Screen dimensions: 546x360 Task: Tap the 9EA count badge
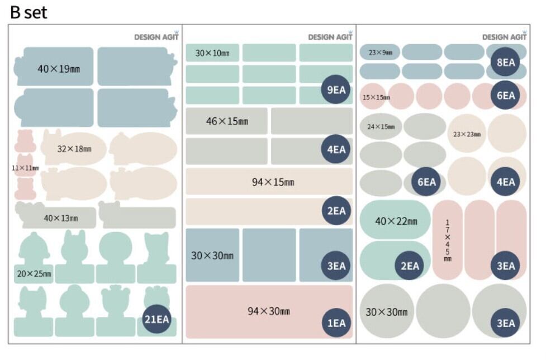coord(336,89)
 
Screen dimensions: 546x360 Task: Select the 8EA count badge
coord(506,62)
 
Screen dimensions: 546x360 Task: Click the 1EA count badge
coord(336,323)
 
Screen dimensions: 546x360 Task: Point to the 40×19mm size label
coord(55,69)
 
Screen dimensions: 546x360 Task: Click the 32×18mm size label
coord(74,149)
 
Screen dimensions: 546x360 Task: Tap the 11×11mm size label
coord(25,168)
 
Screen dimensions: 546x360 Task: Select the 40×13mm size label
coord(61,218)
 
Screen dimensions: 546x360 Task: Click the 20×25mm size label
coord(34,273)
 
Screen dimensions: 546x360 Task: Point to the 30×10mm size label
coord(212,53)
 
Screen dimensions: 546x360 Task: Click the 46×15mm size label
coord(227,121)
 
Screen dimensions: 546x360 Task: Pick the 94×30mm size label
coord(269,311)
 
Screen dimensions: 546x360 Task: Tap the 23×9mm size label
coord(380,53)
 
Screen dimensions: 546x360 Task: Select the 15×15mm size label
coord(376,97)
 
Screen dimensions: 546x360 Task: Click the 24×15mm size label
coord(381,127)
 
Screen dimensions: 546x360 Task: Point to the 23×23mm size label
coord(467,134)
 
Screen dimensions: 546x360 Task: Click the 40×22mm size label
coord(396,221)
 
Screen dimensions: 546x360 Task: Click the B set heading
coord(29,12)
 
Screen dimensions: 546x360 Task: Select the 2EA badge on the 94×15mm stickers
coord(336,211)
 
